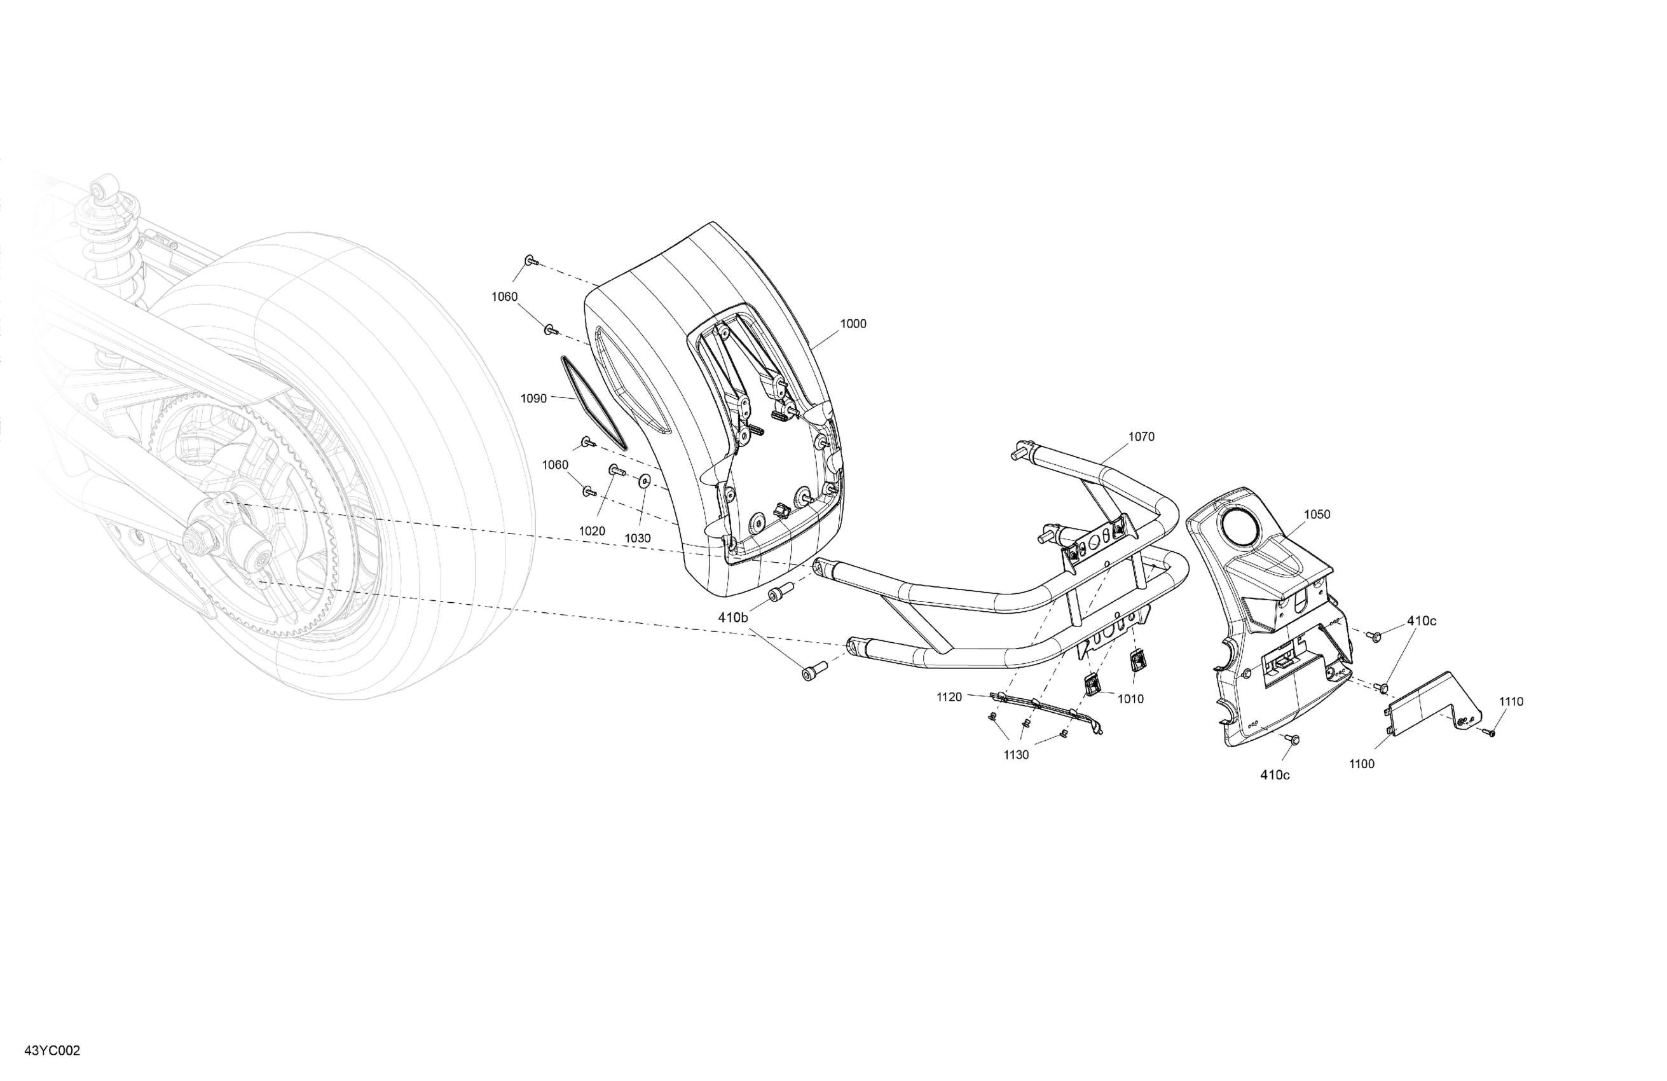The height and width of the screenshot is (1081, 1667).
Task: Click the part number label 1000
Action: [853, 324]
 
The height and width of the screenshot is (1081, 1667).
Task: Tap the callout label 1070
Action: [1141, 436]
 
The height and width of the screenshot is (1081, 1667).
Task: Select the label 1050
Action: [1317, 514]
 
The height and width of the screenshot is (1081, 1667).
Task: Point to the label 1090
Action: [533, 399]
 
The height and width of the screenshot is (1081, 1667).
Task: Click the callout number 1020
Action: [592, 531]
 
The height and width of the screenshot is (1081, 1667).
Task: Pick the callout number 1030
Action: [638, 538]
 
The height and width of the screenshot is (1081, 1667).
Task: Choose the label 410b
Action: [732, 617]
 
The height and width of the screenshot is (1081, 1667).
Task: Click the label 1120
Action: [949, 697]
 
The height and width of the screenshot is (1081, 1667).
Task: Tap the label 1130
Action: [1017, 755]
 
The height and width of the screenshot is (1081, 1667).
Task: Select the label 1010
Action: [1130, 698]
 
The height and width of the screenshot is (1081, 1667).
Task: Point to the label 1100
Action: [1362, 764]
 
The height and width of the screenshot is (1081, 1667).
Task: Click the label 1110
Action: [1511, 701]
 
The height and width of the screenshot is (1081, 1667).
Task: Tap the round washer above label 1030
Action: [643, 481]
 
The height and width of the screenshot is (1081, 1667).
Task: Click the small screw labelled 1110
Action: [1488, 733]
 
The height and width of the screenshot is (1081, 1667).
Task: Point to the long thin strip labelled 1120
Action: [1047, 708]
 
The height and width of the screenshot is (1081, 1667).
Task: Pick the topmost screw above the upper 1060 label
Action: [530, 261]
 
